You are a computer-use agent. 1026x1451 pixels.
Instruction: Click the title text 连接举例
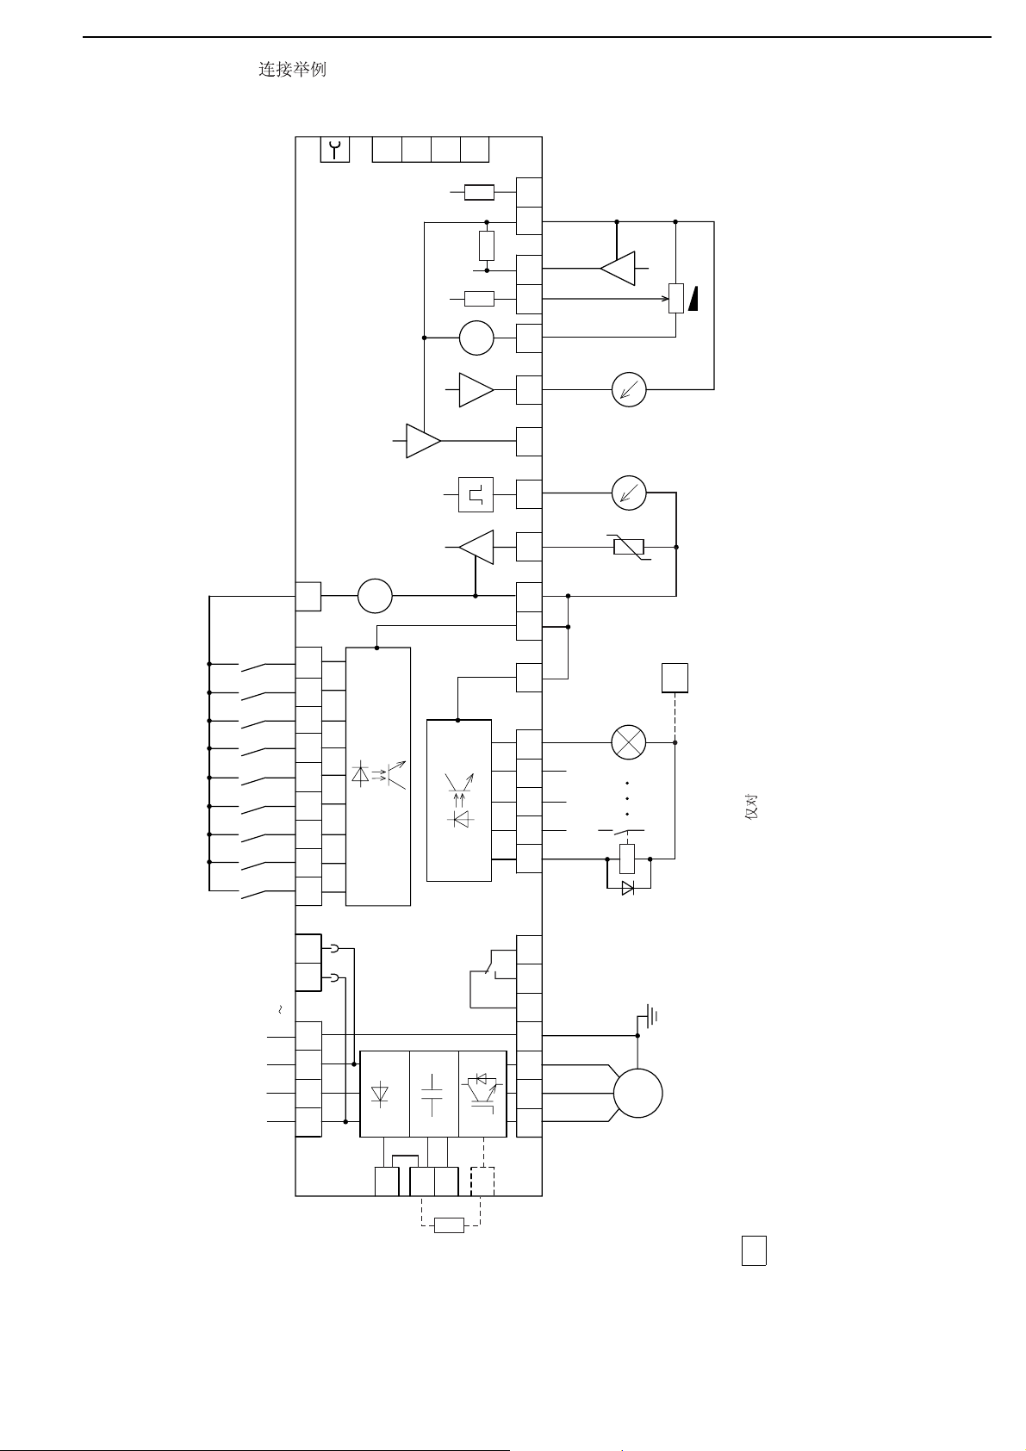[292, 69]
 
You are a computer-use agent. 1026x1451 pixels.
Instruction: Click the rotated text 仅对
[752, 808]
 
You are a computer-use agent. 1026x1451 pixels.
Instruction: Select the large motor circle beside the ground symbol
[637, 1094]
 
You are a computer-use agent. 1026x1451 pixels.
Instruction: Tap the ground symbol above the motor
[649, 1017]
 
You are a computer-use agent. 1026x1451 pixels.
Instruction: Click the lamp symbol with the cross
[629, 742]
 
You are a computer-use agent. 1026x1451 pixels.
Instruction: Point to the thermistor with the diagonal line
[629, 548]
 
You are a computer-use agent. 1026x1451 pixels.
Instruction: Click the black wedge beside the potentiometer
[693, 299]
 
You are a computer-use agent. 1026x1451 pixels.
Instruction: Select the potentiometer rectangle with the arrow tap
[676, 299]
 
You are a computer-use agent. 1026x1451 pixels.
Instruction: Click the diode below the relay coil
[627, 889]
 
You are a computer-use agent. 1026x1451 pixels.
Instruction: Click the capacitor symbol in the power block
[432, 1094]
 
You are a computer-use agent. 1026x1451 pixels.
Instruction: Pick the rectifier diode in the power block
[380, 1094]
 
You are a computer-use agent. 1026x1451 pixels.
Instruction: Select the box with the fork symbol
[335, 150]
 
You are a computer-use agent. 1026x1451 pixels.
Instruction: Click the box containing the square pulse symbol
[476, 495]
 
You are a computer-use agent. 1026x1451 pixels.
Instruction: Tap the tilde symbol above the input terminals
[280, 1009]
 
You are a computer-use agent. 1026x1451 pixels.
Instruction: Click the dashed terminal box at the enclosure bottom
[482, 1181]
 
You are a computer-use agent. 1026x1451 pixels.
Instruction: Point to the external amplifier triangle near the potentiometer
[618, 268]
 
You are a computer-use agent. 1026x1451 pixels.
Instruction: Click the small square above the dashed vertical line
[675, 678]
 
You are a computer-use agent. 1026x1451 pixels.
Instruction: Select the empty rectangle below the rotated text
[754, 1251]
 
